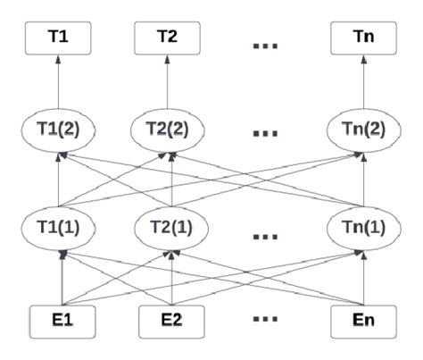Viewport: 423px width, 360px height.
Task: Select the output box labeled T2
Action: pos(166,38)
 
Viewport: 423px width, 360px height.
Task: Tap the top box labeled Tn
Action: pos(363,38)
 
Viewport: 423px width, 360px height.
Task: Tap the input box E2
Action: pos(166,319)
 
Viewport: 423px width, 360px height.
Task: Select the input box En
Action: pos(363,319)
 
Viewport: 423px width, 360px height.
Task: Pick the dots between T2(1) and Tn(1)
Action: pos(264,238)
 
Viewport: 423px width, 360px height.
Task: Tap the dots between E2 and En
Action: pos(264,320)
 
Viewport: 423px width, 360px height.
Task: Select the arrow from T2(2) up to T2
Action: pos(166,82)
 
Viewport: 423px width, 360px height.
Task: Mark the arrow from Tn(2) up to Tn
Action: pos(363,82)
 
